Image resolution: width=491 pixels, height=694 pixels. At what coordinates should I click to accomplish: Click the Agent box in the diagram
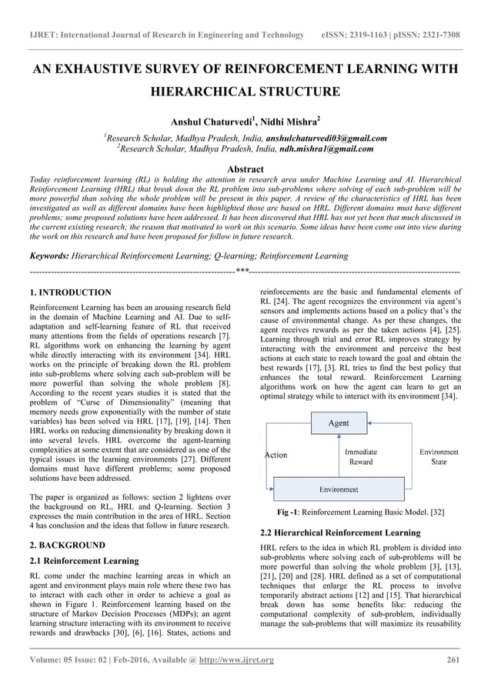[x=339, y=423]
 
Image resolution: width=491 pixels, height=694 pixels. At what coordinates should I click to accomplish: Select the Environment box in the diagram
[x=339, y=489]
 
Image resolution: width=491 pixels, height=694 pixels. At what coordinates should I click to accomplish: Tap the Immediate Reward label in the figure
[x=360, y=457]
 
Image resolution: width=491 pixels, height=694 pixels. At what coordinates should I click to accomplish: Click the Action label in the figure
[x=275, y=455]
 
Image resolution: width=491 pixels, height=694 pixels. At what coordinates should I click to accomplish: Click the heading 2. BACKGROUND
[x=67, y=545]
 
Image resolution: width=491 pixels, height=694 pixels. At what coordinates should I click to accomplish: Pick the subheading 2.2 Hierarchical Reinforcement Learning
[x=341, y=532]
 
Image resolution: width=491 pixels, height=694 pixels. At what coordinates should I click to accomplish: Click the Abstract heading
[x=245, y=169]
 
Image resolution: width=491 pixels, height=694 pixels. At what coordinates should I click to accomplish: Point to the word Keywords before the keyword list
[x=51, y=255]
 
